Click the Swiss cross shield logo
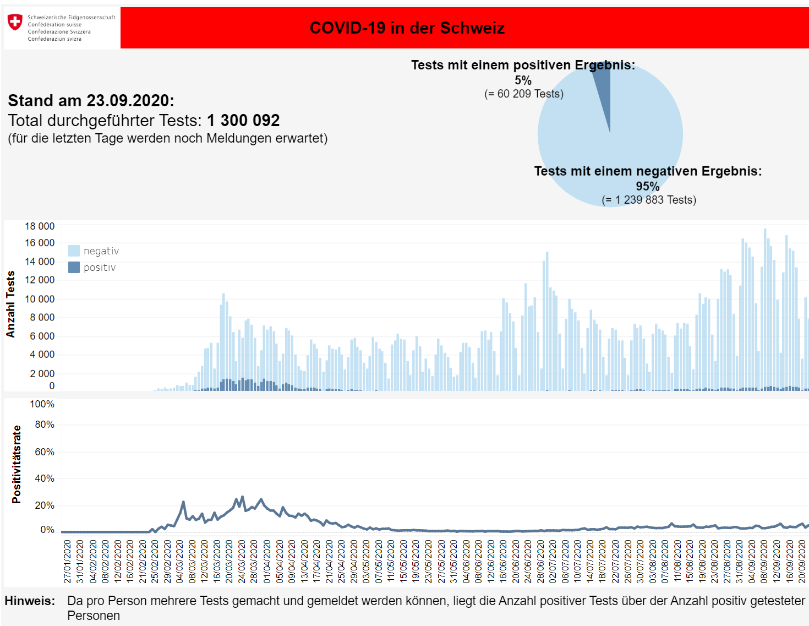coord(15,22)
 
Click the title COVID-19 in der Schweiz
coord(407,28)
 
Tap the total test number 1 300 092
coord(243,121)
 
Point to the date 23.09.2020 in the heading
coord(128,101)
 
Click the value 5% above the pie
coord(523,80)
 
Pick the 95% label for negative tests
coord(647,187)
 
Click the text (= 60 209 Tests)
coord(523,94)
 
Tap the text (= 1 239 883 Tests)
coord(649,200)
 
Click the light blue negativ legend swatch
coord(74,251)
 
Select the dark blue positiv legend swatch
coord(74,268)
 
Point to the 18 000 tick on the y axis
coord(40,226)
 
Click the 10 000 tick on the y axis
coord(40,299)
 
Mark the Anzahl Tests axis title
coord(10,304)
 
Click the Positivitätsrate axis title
coord(17,464)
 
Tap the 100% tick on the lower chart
coord(42,404)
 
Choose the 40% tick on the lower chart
coord(45,478)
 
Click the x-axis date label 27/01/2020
coord(67,561)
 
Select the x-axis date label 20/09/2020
coord(802,561)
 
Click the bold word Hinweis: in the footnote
coord(30,601)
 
